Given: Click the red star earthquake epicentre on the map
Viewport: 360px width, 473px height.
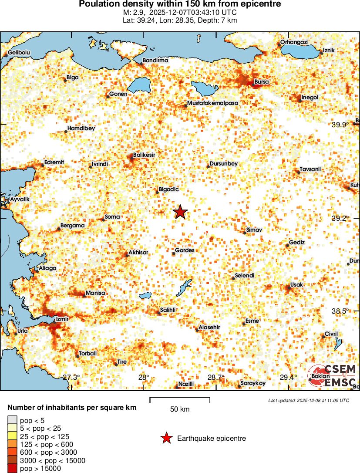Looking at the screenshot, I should [180, 212].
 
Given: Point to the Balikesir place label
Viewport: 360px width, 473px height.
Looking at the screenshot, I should [144, 155].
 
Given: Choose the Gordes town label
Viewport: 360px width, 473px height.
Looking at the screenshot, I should [185, 250].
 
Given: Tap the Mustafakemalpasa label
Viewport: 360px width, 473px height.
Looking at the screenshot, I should [212, 103].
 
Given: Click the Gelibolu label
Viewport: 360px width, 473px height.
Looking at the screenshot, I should [19, 53].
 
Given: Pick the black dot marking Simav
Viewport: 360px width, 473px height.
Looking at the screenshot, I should [245, 233].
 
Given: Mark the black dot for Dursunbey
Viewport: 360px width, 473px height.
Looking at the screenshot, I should [208, 167].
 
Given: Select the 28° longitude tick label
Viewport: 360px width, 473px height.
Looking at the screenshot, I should [144, 377].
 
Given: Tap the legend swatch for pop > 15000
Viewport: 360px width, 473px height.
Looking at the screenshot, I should [13, 468].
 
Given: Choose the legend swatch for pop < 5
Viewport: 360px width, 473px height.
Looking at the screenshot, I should [13, 420].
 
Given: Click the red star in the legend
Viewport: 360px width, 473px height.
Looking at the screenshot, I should [166, 439].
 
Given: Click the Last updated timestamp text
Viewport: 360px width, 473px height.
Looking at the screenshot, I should [308, 400].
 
